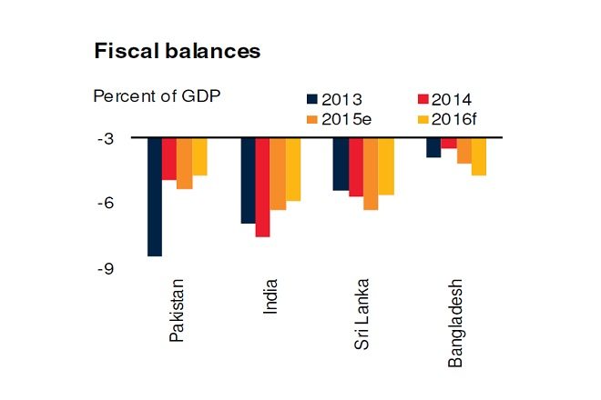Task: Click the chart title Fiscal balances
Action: click(x=178, y=52)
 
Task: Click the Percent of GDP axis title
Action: click(x=157, y=95)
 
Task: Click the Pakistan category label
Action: click(x=178, y=309)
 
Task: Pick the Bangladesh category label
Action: click(x=455, y=322)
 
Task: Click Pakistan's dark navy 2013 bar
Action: click(x=155, y=197)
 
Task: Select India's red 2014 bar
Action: click(x=262, y=187)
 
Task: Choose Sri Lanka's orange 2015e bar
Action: click(x=370, y=174)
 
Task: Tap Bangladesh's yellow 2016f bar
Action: click(x=478, y=156)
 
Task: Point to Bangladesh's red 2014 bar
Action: click(x=448, y=143)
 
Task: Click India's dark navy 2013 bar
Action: click(x=248, y=180)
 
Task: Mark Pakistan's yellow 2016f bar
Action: click(x=199, y=156)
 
